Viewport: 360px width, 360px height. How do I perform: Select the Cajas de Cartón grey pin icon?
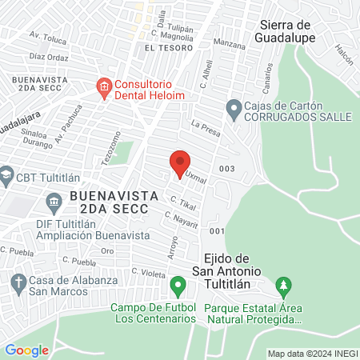pyautogui.click(x=234, y=106)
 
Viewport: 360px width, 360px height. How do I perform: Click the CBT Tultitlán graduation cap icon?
pyautogui.click(x=6, y=174)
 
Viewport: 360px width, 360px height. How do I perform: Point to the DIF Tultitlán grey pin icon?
pyautogui.click(x=54, y=200)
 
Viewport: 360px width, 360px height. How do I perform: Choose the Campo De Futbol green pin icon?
pyautogui.click(x=178, y=285)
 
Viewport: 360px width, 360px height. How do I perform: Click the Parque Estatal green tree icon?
pyautogui.click(x=282, y=285)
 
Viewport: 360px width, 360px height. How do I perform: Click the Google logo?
pyautogui.click(x=26, y=350)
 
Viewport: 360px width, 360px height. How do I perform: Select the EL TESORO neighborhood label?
pyautogui.click(x=165, y=49)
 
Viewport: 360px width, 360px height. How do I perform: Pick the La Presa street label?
pyautogui.click(x=205, y=126)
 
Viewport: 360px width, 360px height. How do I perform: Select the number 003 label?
pyautogui.click(x=226, y=168)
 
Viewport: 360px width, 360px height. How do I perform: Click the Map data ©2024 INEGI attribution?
pyautogui.click(x=312, y=353)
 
